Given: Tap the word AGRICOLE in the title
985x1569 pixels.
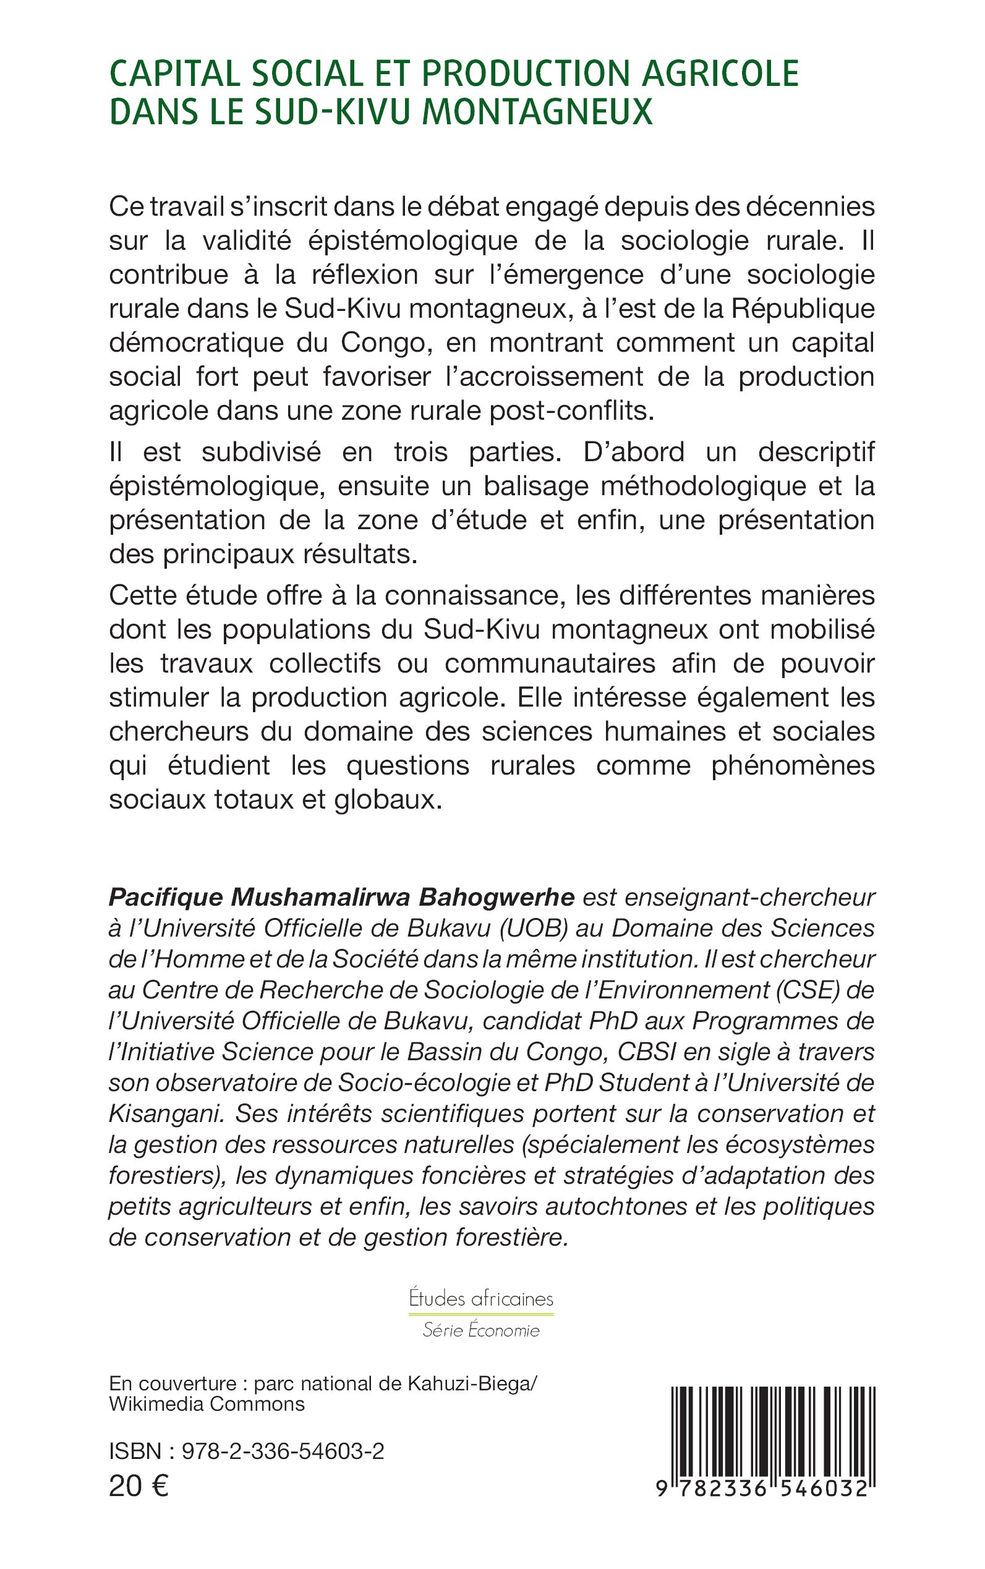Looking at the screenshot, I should tap(720, 73).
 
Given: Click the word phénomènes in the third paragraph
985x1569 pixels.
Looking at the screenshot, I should tap(792, 765).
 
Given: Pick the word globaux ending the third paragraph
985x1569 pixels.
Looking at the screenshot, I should tap(388, 799).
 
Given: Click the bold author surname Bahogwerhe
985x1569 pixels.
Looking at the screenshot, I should tap(496, 898).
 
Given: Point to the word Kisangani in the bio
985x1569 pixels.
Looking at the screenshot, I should tap(167, 1114).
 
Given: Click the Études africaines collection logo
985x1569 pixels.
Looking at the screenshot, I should tap(481, 1299).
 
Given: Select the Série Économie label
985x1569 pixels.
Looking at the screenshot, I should tap(481, 1330).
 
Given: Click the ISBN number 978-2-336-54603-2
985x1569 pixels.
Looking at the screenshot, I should tap(283, 1451).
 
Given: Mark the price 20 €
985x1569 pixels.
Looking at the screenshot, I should tap(139, 1486).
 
